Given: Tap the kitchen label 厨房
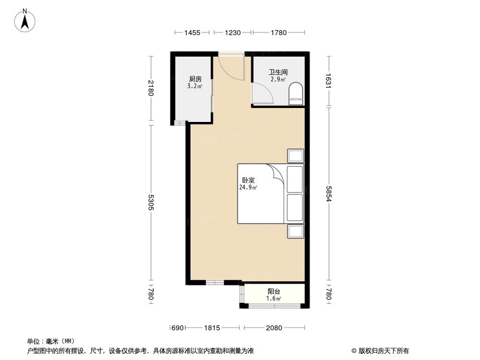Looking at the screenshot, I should [x=194, y=79].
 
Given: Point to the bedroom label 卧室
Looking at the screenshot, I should [x=248, y=180].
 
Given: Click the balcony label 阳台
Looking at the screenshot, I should [x=274, y=291].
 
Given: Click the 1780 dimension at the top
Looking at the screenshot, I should [x=278, y=33].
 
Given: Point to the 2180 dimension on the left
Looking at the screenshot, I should [x=151, y=88].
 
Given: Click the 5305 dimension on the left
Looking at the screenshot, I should [x=151, y=203].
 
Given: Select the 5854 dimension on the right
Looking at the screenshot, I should [x=329, y=193].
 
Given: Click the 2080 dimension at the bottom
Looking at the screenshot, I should [x=275, y=328].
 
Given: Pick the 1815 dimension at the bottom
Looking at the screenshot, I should [x=212, y=328].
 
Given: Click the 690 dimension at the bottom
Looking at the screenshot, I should [x=177, y=328].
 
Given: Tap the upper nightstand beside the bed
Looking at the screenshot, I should [x=295, y=156].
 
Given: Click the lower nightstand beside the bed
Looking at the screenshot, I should [x=295, y=231].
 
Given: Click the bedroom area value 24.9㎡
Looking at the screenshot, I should [x=248, y=188].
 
